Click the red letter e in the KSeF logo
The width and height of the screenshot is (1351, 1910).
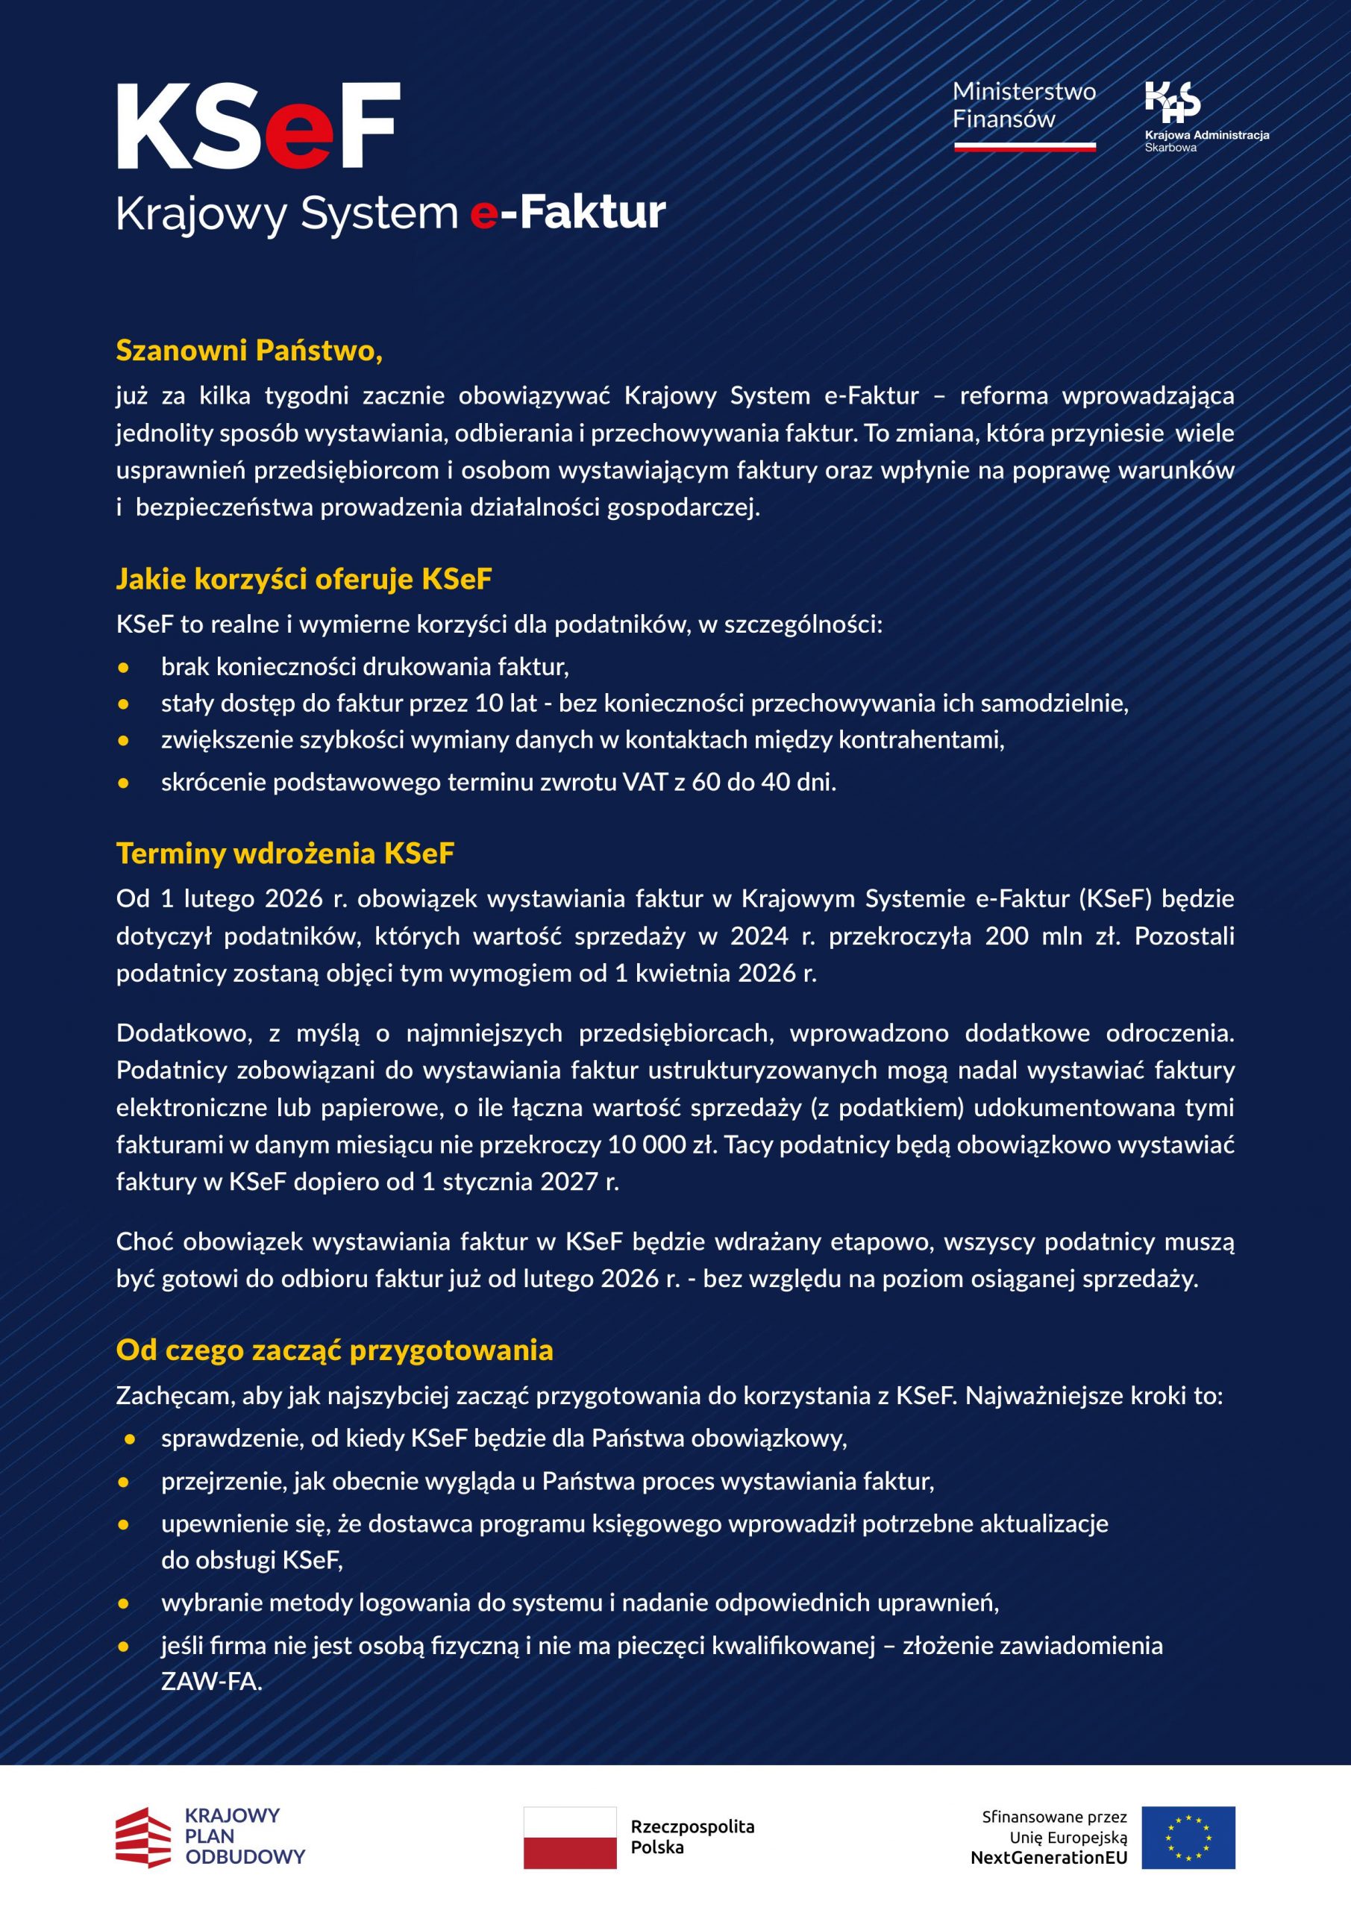(296, 136)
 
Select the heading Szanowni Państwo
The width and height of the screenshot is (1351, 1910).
(248, 350)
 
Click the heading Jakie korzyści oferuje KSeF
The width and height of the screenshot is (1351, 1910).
(304, 579)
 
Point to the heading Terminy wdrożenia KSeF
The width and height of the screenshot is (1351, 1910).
(284, 854)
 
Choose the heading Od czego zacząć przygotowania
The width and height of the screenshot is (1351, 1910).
(334, 1350)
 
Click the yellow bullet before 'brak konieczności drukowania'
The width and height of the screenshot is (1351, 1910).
(124, 667)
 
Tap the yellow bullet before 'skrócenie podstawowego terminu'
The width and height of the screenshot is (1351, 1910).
(124, 783)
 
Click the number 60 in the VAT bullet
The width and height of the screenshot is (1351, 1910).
(706, 783)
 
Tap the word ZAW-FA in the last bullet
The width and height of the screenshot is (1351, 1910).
(211, 1682)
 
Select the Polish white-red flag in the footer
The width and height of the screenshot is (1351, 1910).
(570, 1838)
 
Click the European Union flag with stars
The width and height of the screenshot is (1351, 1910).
(1188, 1838)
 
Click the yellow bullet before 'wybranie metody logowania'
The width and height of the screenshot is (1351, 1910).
(124, 1603)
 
